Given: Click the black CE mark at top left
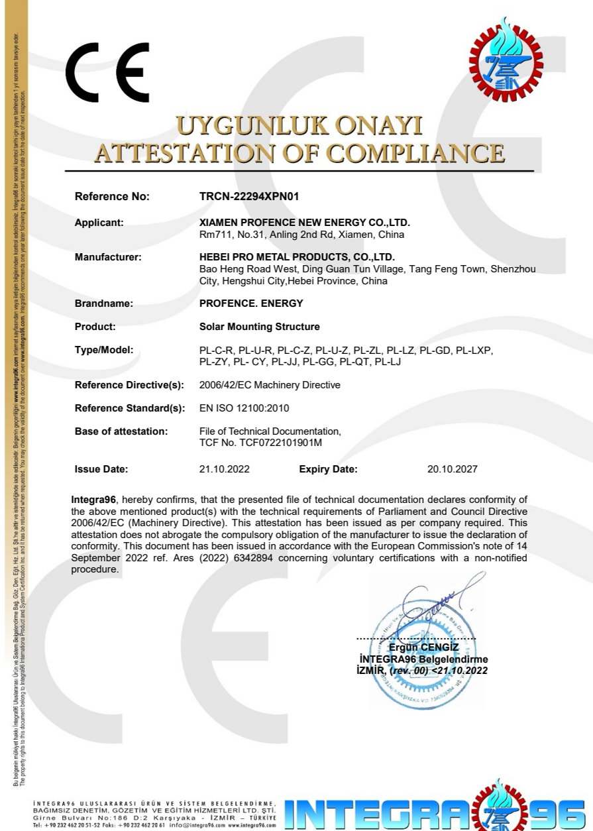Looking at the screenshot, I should pyautogui.click(x=108, y=72).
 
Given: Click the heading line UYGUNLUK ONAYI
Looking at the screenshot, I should pyautogui.click(x=298, y=126).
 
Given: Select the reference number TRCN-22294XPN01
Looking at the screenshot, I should pyautogui.click(x=245, y=196).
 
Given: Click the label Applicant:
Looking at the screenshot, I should pyautogui.click(x=99, y=223).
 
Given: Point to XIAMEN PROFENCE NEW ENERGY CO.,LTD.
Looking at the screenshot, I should pyautogui.click(x=304, y=223).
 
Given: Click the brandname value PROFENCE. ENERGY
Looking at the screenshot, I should pyautogui.click(x=251, y=304).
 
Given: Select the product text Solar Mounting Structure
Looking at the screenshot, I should pyautogui.click(x=260, y=327).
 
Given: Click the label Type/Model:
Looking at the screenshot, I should pyautogui.click(x=104, y=349).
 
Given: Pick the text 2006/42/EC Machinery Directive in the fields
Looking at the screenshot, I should pyautogui.click(x=270, y=385).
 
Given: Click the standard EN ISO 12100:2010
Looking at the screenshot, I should pyautogui.click(x=244, y=408).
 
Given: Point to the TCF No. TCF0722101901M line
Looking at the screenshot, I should pyautogui.click(x=260, y=442).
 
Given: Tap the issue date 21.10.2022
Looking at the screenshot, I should pyautogui.click(x=224, y=469).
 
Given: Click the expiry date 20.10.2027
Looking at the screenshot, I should pyautogui.click(x=453, y=469).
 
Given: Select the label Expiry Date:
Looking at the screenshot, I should pyautogui.click(x=328, y=469).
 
